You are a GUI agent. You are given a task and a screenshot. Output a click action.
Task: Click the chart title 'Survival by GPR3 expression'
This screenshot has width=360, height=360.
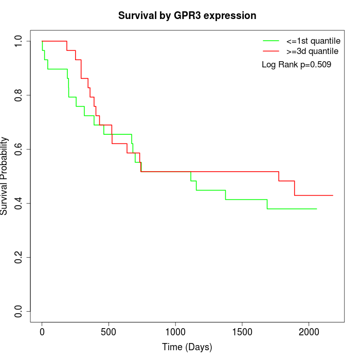[187, 15]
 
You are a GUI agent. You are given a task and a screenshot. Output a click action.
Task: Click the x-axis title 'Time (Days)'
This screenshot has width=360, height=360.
[187, 347]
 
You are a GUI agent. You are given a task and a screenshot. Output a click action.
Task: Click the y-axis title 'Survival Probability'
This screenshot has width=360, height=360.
[5, 176]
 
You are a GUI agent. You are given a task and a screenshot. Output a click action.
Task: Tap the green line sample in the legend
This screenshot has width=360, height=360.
[271, 41]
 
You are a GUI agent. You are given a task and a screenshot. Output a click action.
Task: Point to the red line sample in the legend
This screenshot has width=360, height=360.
[271, 51]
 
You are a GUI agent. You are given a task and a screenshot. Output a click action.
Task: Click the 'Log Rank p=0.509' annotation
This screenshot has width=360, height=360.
[296, 65]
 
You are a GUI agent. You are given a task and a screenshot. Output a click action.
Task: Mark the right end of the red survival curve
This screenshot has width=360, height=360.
[333, 195]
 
